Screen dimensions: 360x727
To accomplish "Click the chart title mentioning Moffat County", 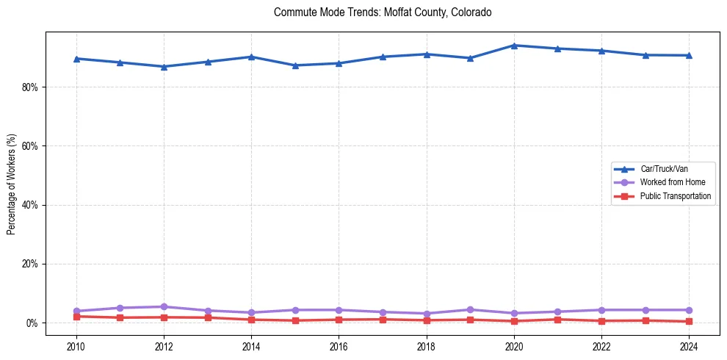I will [382, 12].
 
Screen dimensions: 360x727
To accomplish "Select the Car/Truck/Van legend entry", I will [664, 169].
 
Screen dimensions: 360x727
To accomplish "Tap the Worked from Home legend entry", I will [669, 182].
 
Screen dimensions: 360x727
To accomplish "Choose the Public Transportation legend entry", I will [675, 196].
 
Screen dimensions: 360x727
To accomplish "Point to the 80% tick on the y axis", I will [30, 87].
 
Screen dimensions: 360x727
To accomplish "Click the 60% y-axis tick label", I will [30, 146].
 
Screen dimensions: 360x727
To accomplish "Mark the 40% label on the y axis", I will [30, 205].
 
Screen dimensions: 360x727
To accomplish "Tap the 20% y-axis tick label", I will [30, 264].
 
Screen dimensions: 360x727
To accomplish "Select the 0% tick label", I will [32, 323].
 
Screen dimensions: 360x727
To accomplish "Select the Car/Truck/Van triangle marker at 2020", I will [514, 46].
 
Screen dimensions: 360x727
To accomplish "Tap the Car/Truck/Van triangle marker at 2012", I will [164, 67].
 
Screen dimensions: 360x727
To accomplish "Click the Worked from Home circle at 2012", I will [164, 306].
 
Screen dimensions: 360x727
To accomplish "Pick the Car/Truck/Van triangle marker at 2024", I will [689, 55].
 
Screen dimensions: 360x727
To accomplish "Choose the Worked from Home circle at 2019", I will [470, 309].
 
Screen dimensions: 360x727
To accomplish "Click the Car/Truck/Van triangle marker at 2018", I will [427, 54].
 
